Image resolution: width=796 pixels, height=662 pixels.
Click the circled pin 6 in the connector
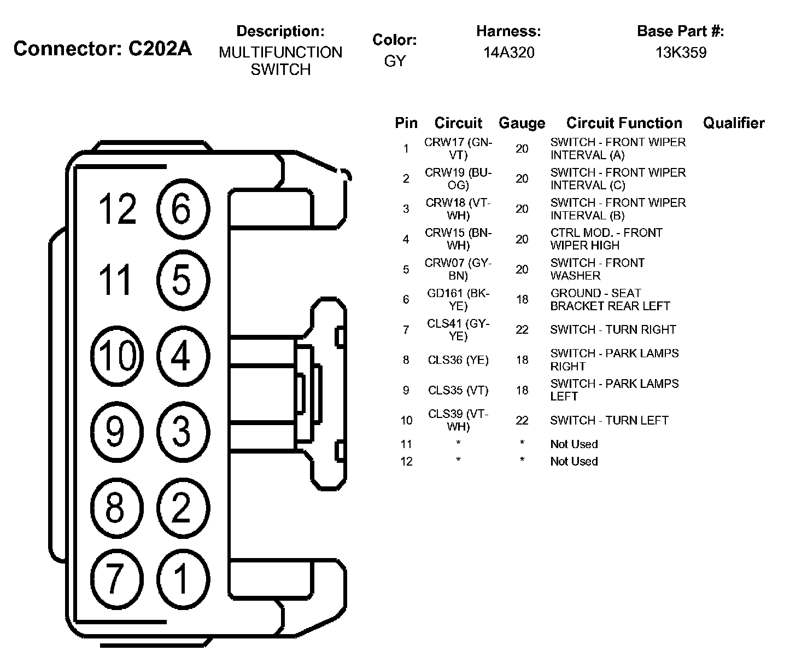click(x=183, y=209)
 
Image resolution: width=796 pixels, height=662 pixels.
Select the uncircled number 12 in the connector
click(x=117, y=209)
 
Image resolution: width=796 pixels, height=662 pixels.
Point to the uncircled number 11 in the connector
click(x=115, y=280)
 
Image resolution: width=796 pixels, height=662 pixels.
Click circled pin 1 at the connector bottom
click(x=183, y=578)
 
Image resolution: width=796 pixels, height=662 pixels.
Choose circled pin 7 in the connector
click(x=115, y=578)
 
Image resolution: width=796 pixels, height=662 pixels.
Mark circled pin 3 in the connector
click(x=183, y=431)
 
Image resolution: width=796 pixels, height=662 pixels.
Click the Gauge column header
click(x=522, y=123)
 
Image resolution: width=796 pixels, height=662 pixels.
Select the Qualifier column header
click(x=734, y=123)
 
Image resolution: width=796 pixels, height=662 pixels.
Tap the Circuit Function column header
click(x=624, y=123)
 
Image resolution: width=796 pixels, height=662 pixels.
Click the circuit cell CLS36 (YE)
click(x=458, y=360)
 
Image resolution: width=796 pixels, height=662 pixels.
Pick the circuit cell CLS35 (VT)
click(x=458, y=390)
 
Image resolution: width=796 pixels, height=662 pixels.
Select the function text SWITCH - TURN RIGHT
click(x=613, y=329)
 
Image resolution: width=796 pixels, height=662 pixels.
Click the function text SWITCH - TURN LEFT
click(x=609, y=420)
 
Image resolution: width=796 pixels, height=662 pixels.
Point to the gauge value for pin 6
click(x=522, y=299)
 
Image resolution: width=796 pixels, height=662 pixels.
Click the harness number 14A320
click(x=508, y=53)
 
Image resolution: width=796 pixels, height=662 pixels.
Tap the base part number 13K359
click(x=681, y=53)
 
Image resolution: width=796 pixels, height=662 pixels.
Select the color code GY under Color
click(x=395, y=61)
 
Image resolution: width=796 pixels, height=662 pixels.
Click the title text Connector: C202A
click(x=103, y=49)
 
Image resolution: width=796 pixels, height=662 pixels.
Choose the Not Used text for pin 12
click(x=574, y=461)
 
